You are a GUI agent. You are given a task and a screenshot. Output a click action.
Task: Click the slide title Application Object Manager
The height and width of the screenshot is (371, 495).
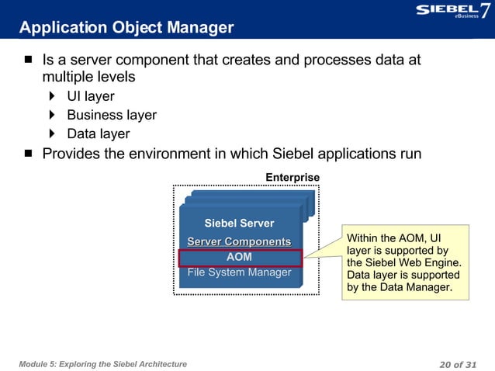[126, 28]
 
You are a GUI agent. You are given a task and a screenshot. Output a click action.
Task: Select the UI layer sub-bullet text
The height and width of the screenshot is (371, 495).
[90, 96]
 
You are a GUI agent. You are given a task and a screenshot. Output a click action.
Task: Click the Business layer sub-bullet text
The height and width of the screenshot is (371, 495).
[111, 115]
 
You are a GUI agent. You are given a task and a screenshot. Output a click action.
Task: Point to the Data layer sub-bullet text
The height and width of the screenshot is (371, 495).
[98, 133]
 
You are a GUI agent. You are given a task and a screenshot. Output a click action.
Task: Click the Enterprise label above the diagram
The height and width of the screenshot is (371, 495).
[292, 178]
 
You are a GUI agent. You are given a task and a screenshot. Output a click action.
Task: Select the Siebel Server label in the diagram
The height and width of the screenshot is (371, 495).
[239, 224]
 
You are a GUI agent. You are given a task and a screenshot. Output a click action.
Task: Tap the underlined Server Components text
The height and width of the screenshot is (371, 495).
[239, 242]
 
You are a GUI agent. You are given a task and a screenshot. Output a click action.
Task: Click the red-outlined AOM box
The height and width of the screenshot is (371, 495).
[239, 258]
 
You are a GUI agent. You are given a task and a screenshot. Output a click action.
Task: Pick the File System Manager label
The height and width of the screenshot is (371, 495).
[239, 272]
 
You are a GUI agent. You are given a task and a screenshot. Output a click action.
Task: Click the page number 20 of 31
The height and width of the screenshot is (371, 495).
[461, 364]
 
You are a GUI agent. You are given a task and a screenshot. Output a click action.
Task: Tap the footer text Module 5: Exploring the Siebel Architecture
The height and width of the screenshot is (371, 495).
[103, 364]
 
